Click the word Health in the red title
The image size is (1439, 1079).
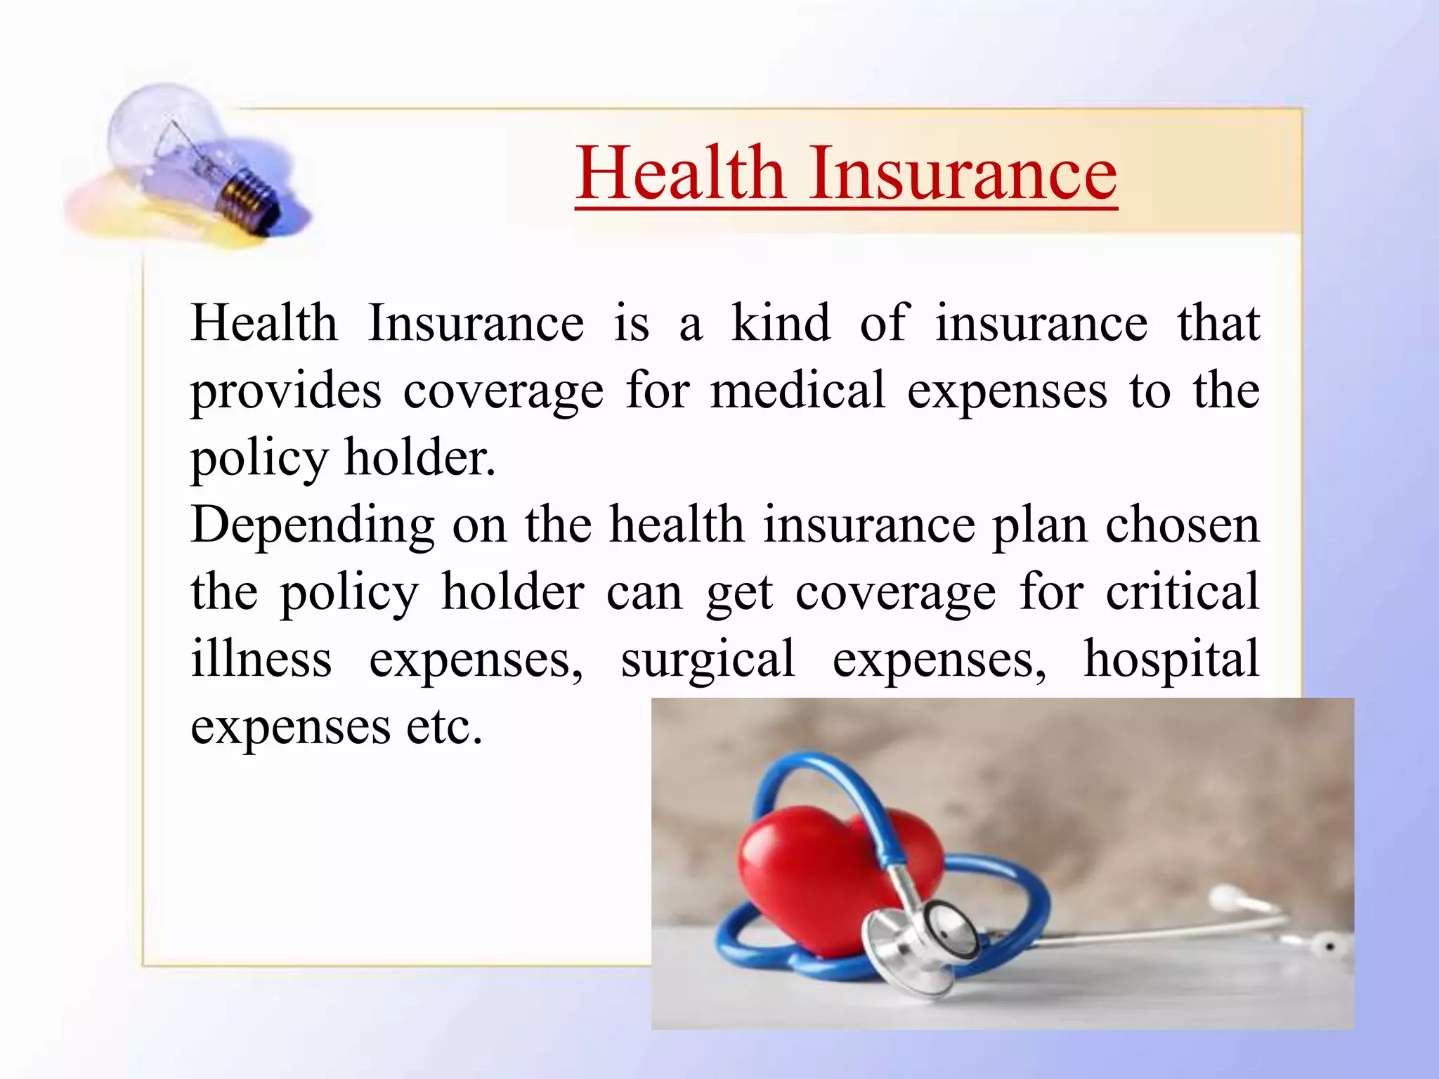679,173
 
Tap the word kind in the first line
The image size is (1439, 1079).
781,323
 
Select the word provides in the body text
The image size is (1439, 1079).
286,391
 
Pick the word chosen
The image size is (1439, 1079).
1183,525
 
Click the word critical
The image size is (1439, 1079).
1183,591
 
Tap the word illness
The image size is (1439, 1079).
261,659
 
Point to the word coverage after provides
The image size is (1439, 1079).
503,391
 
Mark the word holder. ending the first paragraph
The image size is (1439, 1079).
419,457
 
